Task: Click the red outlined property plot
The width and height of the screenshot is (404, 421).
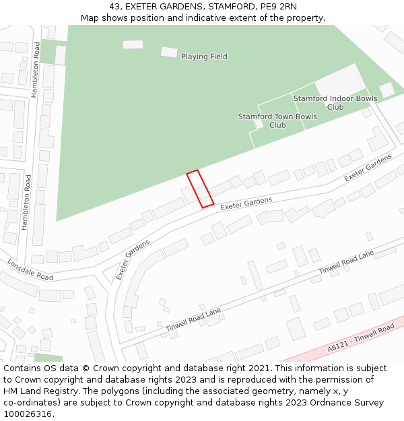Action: [x=200, y=189]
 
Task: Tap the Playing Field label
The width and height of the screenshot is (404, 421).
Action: [x=204, y=57]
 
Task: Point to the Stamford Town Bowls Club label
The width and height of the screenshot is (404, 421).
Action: [x=277, y=121]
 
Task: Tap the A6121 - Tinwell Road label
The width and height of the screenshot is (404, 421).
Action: [x=360, y=338]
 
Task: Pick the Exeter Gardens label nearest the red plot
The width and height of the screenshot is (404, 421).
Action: [x=246, y=203]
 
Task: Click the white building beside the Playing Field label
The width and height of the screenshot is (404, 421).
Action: [x=169, y=52]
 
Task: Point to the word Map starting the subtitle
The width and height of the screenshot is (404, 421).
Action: [x=90, y=18]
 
